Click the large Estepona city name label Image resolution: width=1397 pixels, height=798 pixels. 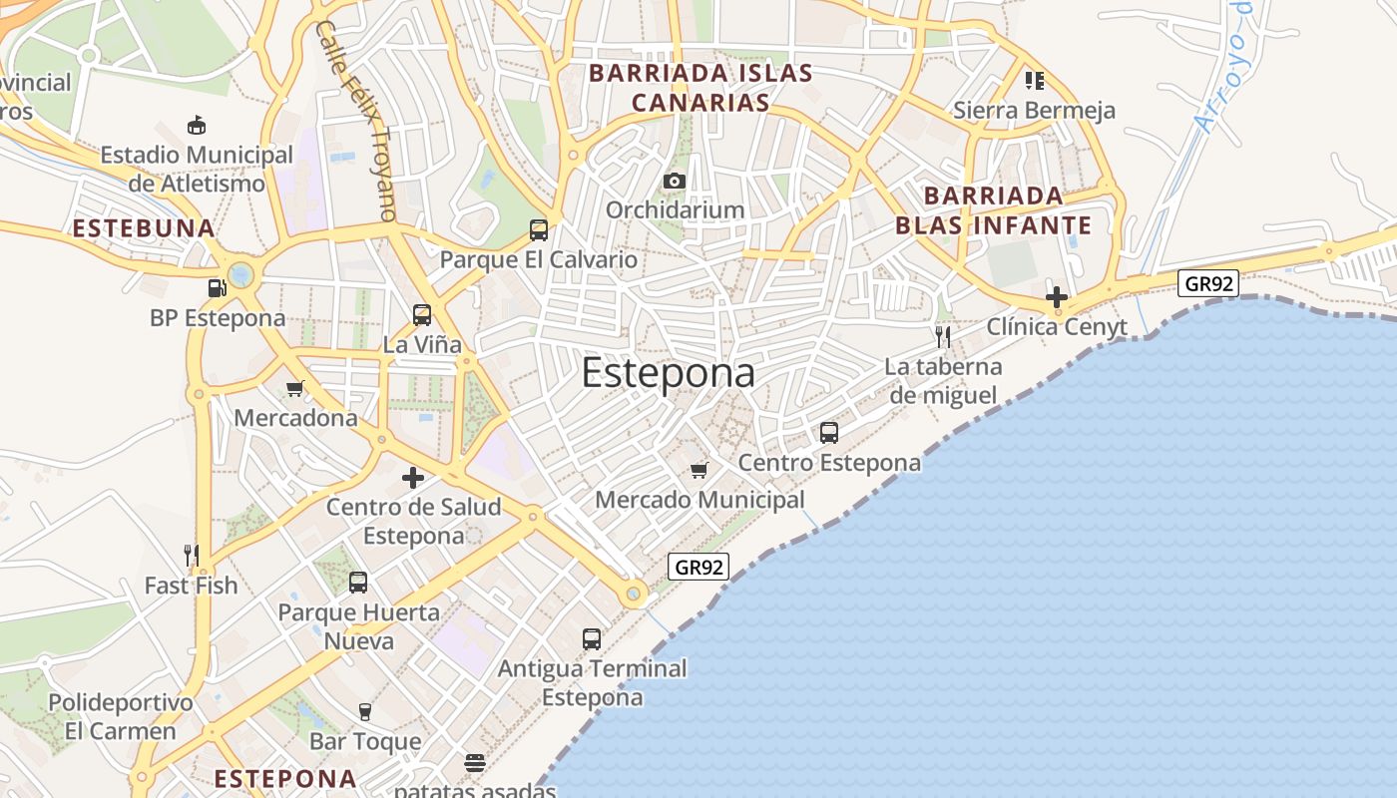668,373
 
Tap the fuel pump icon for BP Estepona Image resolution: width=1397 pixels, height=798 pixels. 217,288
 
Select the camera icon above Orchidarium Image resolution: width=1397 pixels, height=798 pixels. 675,181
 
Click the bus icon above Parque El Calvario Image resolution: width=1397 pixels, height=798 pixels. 539,230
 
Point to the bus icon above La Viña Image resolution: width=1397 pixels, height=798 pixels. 422,315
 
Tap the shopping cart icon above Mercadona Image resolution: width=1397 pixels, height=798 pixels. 294,388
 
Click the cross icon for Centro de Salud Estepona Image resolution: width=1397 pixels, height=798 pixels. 413,478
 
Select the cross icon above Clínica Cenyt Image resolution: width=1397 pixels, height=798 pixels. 1057,296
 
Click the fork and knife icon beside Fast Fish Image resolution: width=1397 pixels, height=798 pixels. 192,555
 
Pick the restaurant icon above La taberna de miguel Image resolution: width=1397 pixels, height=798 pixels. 943,336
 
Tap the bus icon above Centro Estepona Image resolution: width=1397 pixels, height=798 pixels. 829,433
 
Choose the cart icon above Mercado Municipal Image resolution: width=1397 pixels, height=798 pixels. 698,470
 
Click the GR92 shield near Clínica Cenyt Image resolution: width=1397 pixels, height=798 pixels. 1208,283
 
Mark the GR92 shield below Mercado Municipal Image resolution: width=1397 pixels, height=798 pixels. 698,568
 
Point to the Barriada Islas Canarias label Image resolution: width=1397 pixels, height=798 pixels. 700,88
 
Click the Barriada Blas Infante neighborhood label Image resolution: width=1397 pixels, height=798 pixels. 994,209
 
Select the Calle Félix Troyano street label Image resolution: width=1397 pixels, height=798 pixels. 356,120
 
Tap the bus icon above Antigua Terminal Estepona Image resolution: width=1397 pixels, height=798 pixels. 592,638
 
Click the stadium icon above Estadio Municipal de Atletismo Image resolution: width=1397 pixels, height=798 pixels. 197,126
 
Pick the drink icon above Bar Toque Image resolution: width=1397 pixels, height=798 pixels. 364,711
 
